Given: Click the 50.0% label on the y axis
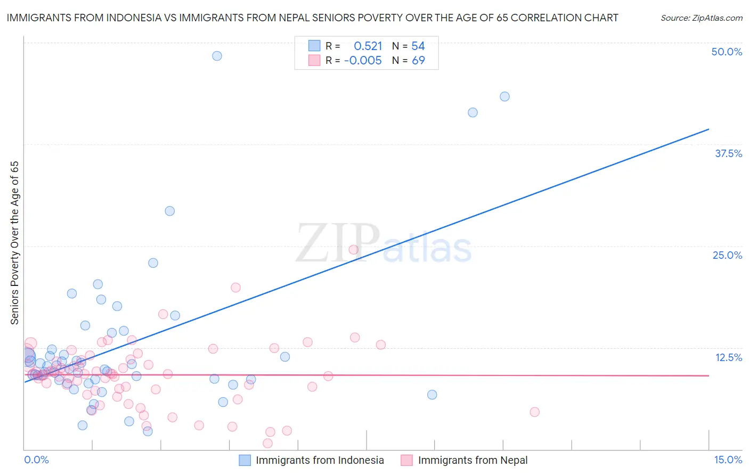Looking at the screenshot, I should (x=727, y=52).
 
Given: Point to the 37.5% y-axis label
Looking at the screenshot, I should (x=728, y=153).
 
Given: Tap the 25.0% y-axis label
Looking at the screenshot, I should (x=727, y=255).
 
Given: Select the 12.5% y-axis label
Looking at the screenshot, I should (x=728, y=357).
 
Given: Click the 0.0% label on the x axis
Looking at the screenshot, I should (x=36, y=460).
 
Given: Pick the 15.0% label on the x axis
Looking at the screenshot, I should (x=728, y=460).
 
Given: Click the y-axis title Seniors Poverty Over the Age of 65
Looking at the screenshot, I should (x=14, y=243).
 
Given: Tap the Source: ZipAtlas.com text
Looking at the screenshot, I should (x=701, y=18).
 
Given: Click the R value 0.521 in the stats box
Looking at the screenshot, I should (x=368, y=46).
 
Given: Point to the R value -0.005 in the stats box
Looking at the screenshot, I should (x=363, y=61).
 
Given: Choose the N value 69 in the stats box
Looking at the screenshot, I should (x=418, y=61).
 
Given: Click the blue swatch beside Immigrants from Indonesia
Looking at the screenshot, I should (x=245, y=460).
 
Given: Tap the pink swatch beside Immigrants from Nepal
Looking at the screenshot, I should (x=406, y=460).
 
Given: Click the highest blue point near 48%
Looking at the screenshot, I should (x=217, y=56).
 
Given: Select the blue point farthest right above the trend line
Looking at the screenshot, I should (x=504, y=96).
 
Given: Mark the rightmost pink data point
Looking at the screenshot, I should (x=534, y=412).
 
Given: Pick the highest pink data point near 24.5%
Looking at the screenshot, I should (x=353, y=250).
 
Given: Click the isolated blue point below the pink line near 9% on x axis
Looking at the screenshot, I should (x=432, y=395).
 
